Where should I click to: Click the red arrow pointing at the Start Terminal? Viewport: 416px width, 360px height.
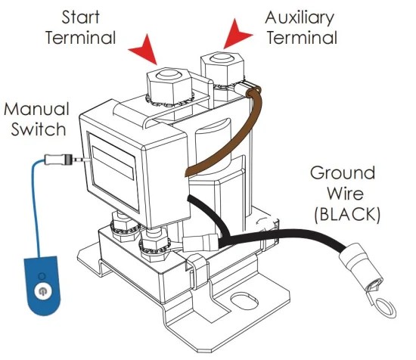pyautogui.click(x=146, y=51)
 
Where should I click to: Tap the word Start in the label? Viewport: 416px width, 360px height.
pyautogui.click(x=81, y=17)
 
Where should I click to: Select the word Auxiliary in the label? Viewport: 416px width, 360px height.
pyautogui.click(x=300, y=18)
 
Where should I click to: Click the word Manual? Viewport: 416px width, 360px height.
pyautogui.click(x=37, y=109)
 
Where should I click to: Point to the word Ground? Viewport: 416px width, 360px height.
pyautogui.click(x=343, y=172)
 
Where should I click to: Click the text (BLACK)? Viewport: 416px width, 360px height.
pyautogui.click(x=347, y=214)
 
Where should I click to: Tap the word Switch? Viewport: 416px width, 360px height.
pyautogui.click(x=39, y=129)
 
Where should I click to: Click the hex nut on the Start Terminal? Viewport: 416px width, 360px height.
pyautogui.click(x=169, y=85)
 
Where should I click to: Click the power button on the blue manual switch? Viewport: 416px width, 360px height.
pyautogui.click(x=42, y=291)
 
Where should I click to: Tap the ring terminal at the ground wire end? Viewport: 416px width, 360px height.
pyautogui.click(x=385, y=309)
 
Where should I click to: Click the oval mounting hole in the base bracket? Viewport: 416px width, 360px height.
pyautogui.click(x=244, y=301)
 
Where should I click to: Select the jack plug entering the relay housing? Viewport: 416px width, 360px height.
pyautogui.click(x=67, y=160)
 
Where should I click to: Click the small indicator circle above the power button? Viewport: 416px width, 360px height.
pyautogui.click(x=42, y=276)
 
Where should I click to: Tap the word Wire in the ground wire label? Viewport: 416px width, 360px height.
pyautogui.click(x=345, y=194)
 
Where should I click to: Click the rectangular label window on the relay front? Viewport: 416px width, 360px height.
pyautogui.click(x=113, y=172)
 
